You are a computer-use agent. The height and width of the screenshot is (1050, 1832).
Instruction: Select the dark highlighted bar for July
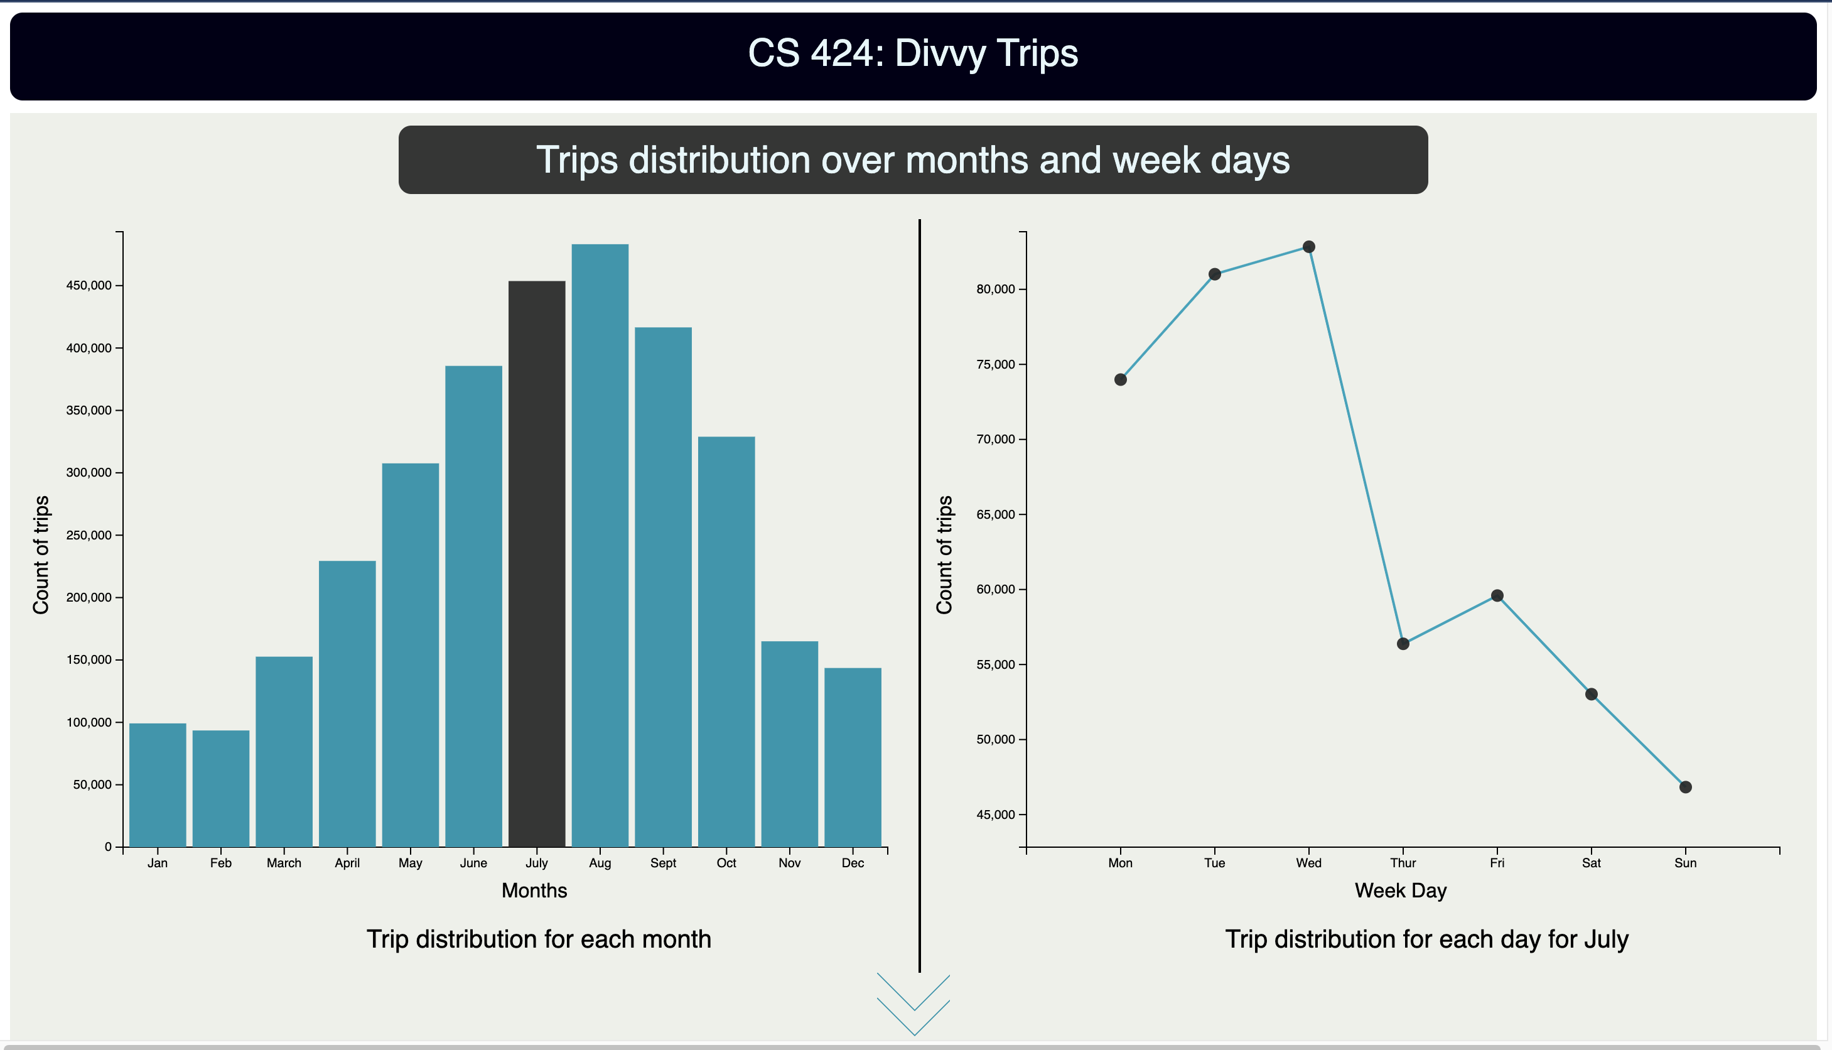(536, 563)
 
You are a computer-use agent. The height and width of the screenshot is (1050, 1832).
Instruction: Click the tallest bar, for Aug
(600, 545)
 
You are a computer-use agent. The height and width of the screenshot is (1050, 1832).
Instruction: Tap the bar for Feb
(220, 788)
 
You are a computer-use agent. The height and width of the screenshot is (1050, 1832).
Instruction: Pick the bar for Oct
(726, 641)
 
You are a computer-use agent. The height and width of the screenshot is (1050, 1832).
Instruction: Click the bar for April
(347, 703)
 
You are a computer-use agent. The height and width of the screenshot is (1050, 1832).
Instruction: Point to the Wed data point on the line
(1308, 247)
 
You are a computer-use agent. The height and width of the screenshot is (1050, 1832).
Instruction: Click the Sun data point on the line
(1685, 787)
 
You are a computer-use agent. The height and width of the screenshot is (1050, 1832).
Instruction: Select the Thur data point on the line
(1403, 643)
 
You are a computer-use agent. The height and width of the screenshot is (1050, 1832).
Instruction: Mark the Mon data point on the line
(1121, 379)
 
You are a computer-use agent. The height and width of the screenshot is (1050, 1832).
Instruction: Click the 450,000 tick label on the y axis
(89, 286)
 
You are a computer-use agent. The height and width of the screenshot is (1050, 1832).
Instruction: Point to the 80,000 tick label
(996, 289)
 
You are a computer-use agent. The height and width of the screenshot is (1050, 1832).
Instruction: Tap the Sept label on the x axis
(662, 863)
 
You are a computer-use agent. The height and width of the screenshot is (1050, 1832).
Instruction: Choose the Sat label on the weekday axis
(1590, 863)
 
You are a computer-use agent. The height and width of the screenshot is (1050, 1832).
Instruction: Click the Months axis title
(534, 890)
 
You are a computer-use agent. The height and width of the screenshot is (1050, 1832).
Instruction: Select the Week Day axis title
(1400, 890)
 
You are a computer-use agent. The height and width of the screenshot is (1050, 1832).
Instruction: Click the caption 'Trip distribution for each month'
(539, 939)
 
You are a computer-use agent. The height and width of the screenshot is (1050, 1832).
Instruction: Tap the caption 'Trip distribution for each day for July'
(1426, 939)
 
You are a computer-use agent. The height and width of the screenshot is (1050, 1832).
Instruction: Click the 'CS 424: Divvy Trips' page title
(913, 53)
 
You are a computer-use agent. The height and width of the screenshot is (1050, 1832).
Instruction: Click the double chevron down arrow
(913, 1005)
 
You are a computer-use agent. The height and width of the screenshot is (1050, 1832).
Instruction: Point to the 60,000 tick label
(996, 589)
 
